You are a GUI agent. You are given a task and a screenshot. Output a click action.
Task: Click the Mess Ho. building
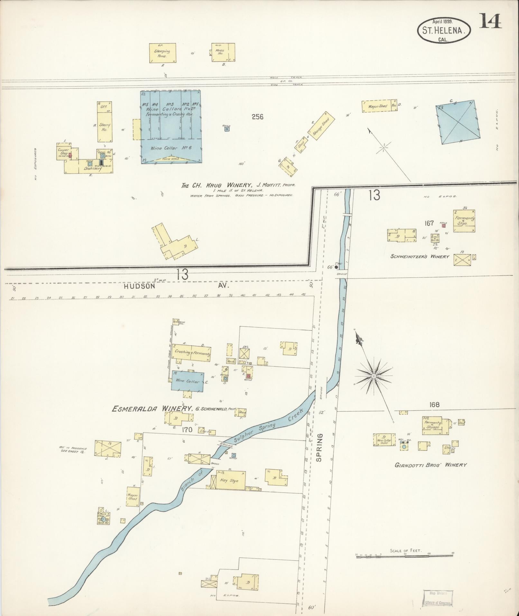[223, 52]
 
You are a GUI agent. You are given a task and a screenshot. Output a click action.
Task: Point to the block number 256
[257, 117]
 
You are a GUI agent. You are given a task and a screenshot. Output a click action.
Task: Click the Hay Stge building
[229, 481]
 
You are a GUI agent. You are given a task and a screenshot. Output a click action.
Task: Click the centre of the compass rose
[374, 376]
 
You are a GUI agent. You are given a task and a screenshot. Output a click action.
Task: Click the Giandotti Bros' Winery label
[431, 465]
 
